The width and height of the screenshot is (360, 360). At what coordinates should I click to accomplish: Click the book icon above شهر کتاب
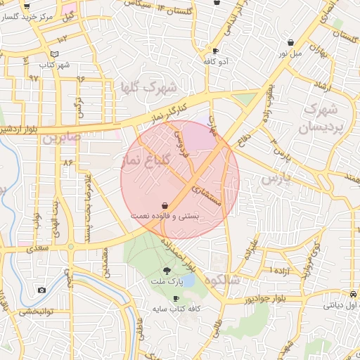55,53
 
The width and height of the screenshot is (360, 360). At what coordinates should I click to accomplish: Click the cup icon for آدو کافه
215,51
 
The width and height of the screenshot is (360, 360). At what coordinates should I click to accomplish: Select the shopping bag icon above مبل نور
290,42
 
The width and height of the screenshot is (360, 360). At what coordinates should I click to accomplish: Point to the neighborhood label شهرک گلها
149,88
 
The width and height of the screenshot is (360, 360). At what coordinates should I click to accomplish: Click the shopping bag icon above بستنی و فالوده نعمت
164,205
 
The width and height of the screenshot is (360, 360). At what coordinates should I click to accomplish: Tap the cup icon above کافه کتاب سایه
176,298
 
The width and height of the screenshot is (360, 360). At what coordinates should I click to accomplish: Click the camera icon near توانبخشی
42,290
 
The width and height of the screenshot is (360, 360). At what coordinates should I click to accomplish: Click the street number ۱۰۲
63,37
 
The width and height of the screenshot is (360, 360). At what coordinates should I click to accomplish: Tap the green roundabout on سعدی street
70,246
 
